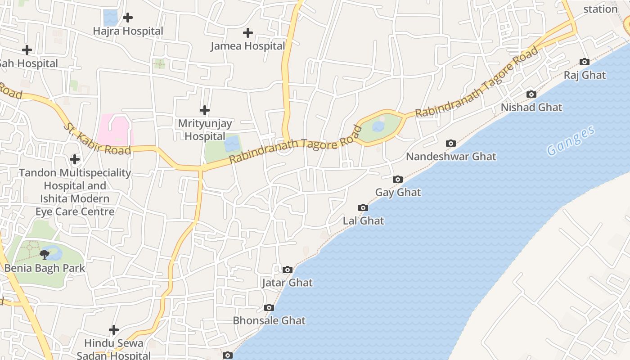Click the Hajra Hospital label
click(128, 31)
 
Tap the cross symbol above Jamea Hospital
click(247, 33)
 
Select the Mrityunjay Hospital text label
click(205, 130)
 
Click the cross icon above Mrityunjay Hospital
click(205, 110)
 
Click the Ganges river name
click(571, 141)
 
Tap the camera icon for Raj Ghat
click(585, 62)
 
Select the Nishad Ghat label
click(531, 108)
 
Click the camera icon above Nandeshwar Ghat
click(450, 144)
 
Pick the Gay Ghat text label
click(398, 193)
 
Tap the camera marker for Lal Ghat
click(363, 208)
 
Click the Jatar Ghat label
click(287, 283)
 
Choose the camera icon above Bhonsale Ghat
click(269, 308)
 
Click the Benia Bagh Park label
click(45, 268)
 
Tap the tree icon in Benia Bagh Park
click(44, 255)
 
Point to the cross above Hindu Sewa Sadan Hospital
click(114, 330)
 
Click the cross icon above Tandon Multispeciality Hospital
click(75, 159)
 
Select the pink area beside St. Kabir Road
click(116, 130)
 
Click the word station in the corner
click(600, 9)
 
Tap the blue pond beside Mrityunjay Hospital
click(232, 144)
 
